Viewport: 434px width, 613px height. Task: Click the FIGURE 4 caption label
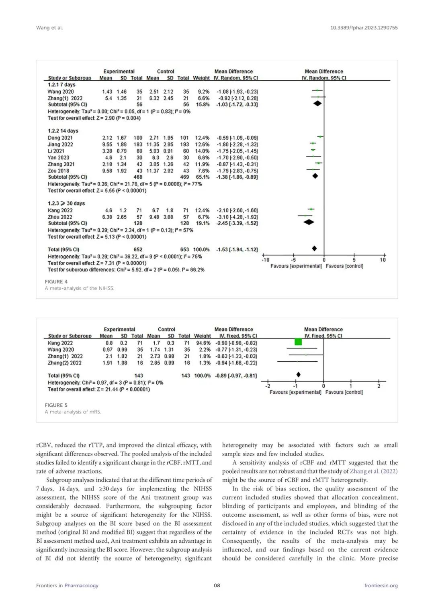pos(56,281)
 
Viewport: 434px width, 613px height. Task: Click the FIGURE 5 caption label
pos(56,405)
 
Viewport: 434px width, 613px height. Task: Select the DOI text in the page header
pos(364,28)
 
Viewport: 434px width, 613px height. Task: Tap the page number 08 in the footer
pos(217,585)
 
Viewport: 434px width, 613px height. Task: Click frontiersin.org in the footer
pos(381,585)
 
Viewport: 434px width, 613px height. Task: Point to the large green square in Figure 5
pos(298,342)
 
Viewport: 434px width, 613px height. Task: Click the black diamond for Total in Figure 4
pos(314,248)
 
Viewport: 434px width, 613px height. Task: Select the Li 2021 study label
pos(56,151)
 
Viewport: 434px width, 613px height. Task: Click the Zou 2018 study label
pos(58,171)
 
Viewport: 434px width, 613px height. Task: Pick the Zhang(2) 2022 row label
pos(64,363)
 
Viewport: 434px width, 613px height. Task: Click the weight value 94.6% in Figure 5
pos(203,343)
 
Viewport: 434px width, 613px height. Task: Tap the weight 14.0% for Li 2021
pos(202,151)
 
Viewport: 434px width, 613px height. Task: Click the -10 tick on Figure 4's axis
pos(265,260)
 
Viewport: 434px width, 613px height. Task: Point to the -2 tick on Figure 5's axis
pos(268,386)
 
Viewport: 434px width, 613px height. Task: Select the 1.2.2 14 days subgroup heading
pos(63,131)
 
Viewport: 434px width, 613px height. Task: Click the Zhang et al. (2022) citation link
pos(373,471)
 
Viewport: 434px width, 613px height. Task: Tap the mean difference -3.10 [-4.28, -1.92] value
pos(237,217)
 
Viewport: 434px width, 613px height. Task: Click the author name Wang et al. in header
pos(49,28)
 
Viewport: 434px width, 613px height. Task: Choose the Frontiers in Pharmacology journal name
pos(67,585)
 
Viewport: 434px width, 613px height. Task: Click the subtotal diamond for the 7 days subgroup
pos(317,104)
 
